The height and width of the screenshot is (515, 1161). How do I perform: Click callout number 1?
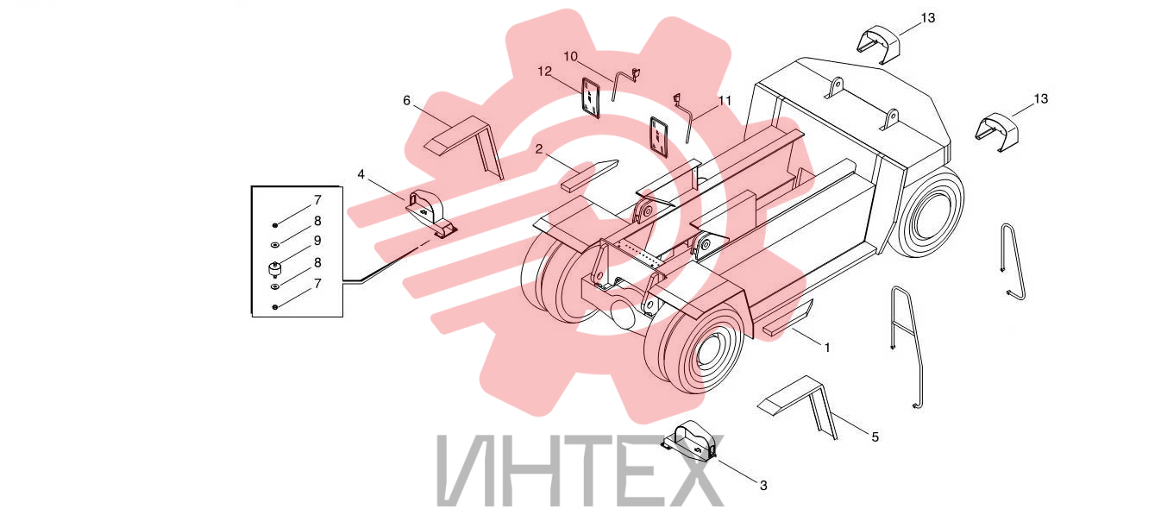(827, 348)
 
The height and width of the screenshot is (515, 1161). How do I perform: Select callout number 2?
(539, 149)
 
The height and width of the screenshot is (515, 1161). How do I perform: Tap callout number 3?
(763, 486)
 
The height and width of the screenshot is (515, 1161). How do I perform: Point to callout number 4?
(361, 174)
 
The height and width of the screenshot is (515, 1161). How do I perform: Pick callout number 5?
(875, 437)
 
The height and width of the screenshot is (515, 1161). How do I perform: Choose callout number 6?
(407, 101)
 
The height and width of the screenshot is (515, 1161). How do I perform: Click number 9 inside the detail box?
(317, 241)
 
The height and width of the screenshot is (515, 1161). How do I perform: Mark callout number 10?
(571, 56)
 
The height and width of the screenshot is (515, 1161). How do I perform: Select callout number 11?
(725, 100)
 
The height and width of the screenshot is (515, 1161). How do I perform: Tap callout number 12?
(545, 71)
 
